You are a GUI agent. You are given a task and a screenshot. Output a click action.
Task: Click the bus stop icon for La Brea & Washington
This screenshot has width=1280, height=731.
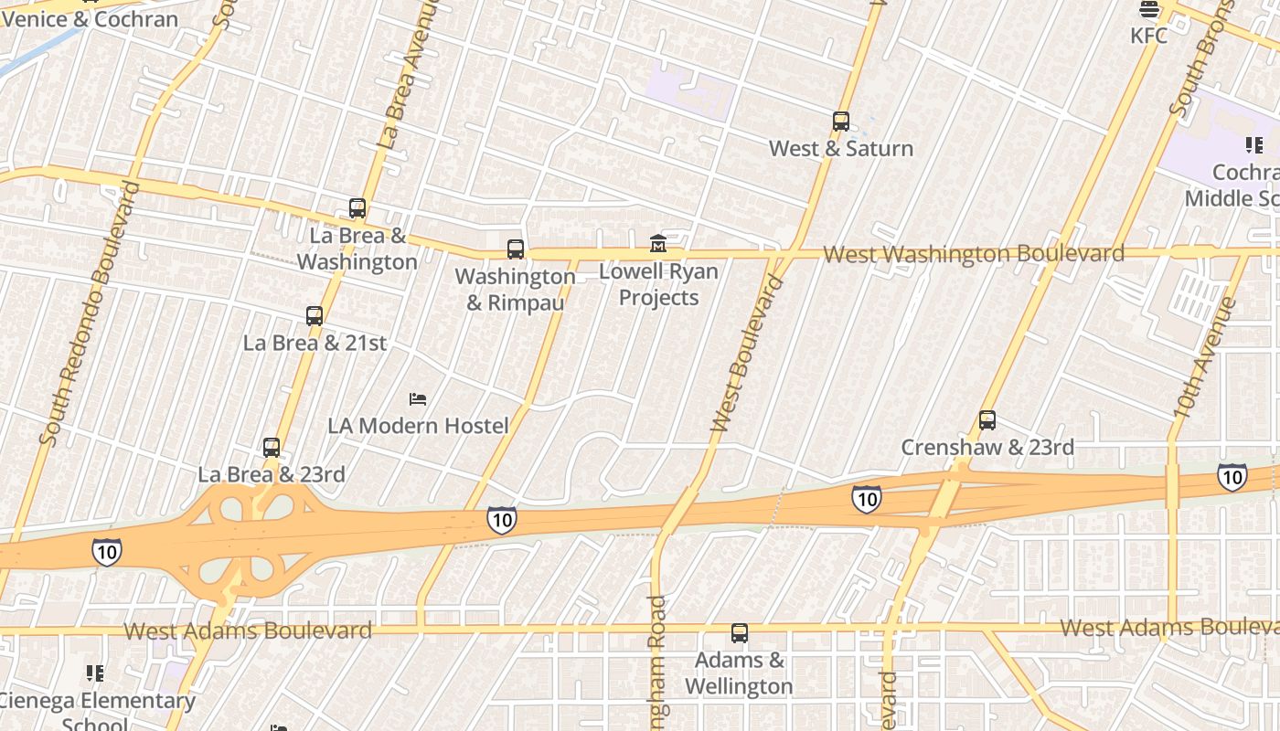pos(357,208)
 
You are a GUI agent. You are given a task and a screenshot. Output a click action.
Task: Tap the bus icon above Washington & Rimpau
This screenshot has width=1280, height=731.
pos(516,249)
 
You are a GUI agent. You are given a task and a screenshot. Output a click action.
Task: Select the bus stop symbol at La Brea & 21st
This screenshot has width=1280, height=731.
pos(315,316)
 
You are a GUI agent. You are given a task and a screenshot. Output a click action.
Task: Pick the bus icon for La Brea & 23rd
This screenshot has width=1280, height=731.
pos(272,448)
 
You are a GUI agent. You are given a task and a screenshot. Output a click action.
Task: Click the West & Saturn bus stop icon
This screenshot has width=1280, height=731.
pos(841,121)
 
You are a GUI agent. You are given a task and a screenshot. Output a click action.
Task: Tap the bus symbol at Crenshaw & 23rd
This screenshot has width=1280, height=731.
pos(987,420)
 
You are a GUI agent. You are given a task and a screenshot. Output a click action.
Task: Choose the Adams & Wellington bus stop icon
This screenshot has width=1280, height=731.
pos(740,632)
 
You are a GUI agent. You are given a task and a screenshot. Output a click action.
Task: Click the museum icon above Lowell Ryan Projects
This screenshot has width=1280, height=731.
pos(658,243)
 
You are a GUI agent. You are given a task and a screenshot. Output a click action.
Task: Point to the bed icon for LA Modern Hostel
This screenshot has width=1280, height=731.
pos(418,398)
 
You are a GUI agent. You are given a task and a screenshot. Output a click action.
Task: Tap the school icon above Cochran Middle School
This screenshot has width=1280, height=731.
pos(1254,144)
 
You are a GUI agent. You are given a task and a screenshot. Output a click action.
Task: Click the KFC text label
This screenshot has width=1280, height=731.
pos(1149,36)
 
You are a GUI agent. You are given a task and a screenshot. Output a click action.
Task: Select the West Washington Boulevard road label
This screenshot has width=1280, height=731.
pos(974,254)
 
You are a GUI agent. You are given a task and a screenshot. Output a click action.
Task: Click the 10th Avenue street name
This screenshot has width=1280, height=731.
pos(1205,359)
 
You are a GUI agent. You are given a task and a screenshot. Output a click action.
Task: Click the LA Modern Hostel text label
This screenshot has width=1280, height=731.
pos(418,426)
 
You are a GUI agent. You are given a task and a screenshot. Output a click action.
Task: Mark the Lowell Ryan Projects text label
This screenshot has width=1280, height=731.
pos(658,284)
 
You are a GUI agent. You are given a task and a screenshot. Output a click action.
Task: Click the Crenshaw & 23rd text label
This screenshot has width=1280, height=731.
pos(987,448)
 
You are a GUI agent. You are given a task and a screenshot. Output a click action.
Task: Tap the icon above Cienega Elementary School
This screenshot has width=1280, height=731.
pos(95,673)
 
